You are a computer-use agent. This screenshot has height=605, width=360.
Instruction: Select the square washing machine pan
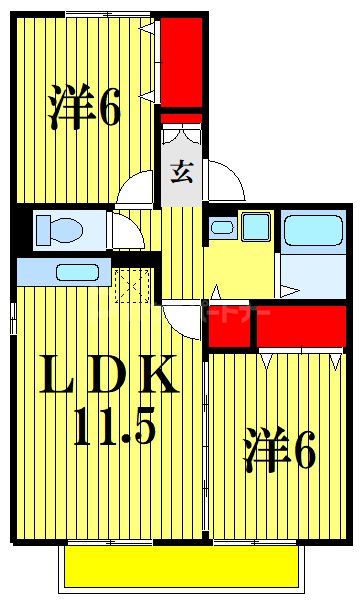coord(255,226)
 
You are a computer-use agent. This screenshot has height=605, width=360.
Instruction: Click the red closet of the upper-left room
coord(183,59)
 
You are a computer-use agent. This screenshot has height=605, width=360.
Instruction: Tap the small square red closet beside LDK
coord(228,326)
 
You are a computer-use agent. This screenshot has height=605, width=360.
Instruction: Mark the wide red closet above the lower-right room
coord(299,323)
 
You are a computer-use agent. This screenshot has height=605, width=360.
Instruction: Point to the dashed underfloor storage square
coord(131,286)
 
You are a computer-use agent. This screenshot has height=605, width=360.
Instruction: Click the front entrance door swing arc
coord(227,182)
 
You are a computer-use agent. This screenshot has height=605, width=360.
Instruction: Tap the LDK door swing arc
coord(186,320)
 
